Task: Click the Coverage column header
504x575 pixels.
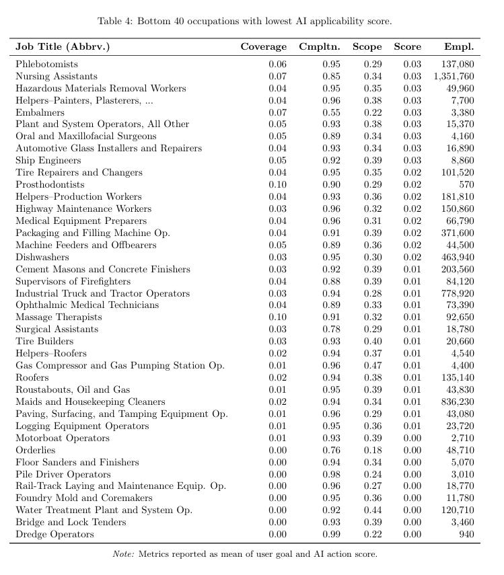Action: tap(263, 47)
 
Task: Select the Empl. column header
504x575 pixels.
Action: tap(459, 47)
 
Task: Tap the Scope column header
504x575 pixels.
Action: tap(367, 47)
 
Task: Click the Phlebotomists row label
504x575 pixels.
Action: tap(47, 65)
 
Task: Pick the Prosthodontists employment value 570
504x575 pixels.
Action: tap(466, 185)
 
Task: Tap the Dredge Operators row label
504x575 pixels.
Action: tap(55, 535)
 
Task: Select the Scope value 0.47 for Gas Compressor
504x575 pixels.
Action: tap(372, 366)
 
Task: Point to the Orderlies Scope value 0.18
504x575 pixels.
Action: tap(372, 451)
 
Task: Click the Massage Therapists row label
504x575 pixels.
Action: tap(59, 317)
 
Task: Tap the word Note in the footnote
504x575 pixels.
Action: tap(126, 555)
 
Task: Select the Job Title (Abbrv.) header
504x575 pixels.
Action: tap(63, 47)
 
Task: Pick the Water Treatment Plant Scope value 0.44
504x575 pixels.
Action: tap(372, 510)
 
